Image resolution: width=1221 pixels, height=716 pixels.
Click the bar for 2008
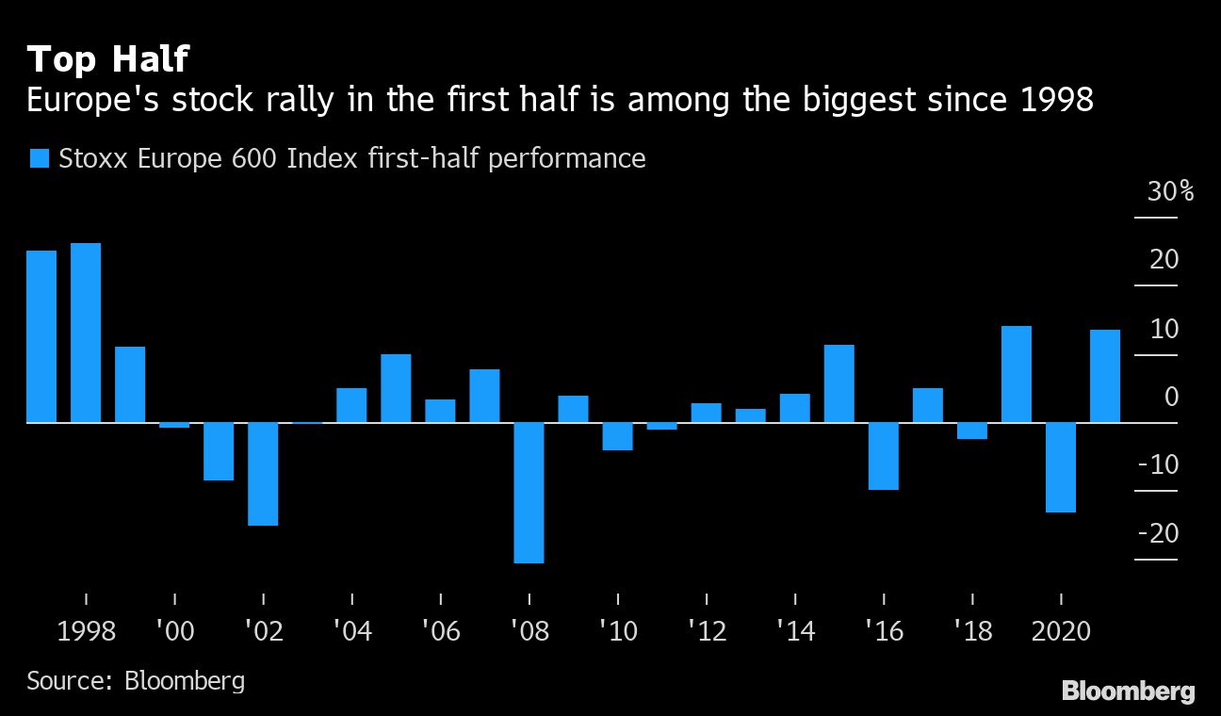click(529, 493)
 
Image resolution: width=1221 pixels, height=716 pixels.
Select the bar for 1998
click(86, 333)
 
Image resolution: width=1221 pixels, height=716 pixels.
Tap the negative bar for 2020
click(1061, 467)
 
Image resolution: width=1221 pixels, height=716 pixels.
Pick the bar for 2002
click(263, 474)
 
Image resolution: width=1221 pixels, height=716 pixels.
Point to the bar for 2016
click(884, 456)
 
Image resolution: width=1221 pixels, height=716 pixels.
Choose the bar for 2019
click(1017, 374)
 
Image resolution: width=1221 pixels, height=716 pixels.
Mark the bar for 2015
click(839, 383)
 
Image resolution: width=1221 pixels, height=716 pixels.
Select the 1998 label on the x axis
click(87, 630)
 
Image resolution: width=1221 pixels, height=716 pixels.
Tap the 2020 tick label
click(1061, 630)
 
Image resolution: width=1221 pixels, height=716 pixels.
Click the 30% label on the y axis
click(1170, 192)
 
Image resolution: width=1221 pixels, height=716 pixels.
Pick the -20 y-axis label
click(1158, 533)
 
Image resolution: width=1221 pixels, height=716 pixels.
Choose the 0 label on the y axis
click(1171, 397)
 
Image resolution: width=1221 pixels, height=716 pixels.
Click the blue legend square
click(39, 158)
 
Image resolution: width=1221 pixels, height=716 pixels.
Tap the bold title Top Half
click(108, 59)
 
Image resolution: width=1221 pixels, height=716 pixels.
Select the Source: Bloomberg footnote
click(136, 680)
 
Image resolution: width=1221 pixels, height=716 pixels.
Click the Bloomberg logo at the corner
click(1129, 692)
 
